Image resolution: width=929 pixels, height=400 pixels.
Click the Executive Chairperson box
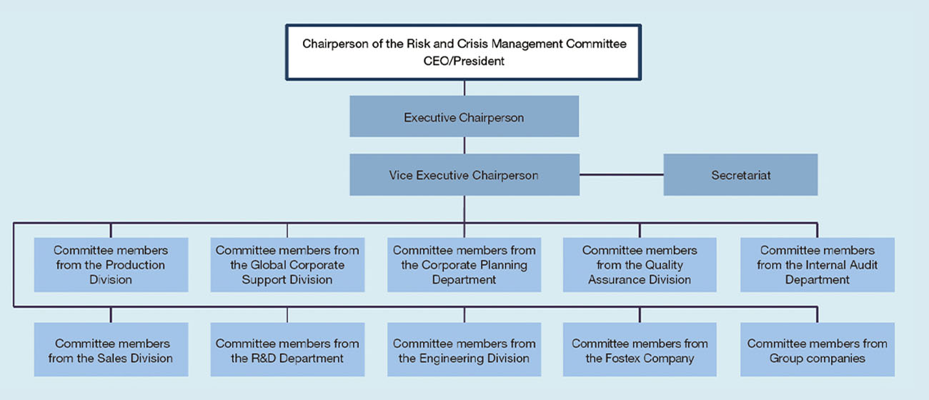click(464, 116)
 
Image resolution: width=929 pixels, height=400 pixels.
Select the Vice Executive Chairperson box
click(464, 174)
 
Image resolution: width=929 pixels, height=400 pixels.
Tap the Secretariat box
click(741, 174)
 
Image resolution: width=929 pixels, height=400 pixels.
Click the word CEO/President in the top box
click(464, 61)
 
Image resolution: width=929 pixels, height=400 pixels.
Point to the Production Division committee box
click(111, 264)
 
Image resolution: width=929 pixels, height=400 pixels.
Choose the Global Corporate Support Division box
click(287, 264)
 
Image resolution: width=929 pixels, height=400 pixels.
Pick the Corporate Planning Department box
click(464, 264)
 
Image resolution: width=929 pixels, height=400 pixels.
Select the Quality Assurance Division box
click(640, 264)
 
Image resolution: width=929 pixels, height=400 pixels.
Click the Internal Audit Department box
click(818, 264)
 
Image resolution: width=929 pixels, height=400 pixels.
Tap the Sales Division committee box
click(111, 349)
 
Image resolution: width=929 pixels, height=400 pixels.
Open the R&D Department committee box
click(287, 349)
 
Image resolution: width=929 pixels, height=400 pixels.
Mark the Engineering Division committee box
click(464, 349)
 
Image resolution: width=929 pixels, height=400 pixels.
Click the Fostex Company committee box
click(640, 349)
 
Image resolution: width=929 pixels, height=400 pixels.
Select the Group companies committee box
click(818, 349)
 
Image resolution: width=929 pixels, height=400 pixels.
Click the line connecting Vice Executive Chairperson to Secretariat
click(622, 174)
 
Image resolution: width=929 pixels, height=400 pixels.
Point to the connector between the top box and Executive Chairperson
click(464, 88)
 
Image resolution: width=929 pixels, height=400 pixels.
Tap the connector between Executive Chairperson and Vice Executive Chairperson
click(464, 146)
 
